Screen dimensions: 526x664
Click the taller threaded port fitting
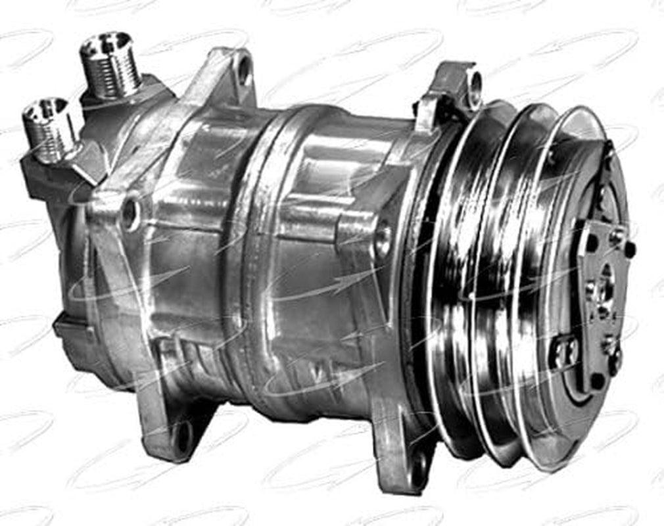point(110,66)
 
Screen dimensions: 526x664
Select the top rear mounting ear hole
point(244,68)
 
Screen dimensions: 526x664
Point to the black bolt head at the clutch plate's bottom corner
point(597,381)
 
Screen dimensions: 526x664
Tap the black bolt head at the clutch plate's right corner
point(629,249)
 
